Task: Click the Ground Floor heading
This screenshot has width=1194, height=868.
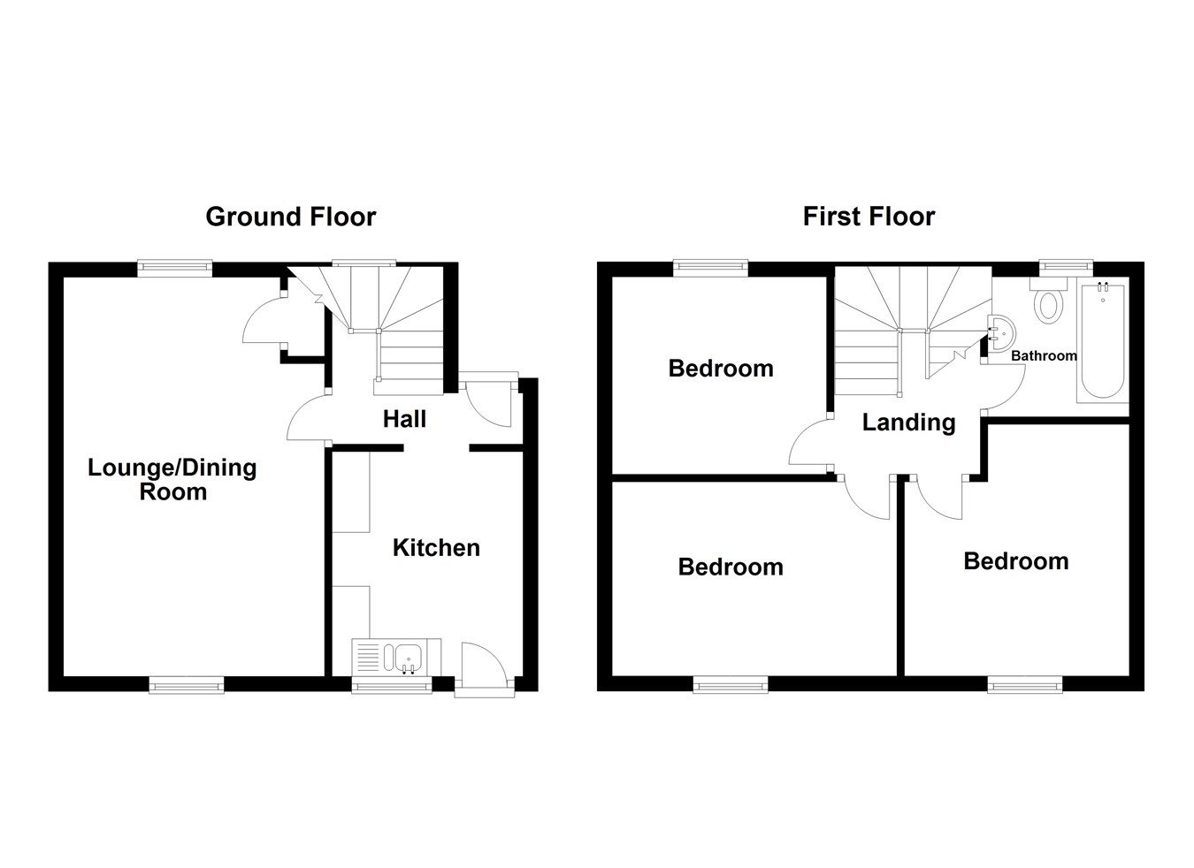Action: (x=290, y=217)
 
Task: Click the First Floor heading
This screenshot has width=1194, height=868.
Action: (x=869, y=217)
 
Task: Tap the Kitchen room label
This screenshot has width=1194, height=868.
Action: (x=436, y=548)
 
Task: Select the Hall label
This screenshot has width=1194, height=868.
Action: (x=404, y=419)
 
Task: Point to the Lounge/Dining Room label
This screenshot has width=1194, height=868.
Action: (x=172, y=480)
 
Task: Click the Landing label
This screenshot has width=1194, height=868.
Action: (x=908, y=423)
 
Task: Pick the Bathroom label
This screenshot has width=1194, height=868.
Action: (x=1044, y=356)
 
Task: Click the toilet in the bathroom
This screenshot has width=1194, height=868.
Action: (x=1049, y=303)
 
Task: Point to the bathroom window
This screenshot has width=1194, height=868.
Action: (x=1065, y=263)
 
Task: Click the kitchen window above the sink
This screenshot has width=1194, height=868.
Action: (x=390, y=684)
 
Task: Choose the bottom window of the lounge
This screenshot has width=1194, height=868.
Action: (x=186, y=683)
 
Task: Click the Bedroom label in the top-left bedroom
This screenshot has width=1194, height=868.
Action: (x=721, y=369)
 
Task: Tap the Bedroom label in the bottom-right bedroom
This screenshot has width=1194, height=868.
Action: (x=1015, y=561)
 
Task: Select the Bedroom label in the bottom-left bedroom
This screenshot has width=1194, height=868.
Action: (x=731, y=567)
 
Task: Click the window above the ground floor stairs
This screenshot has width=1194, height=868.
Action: (x=364, y=263)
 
